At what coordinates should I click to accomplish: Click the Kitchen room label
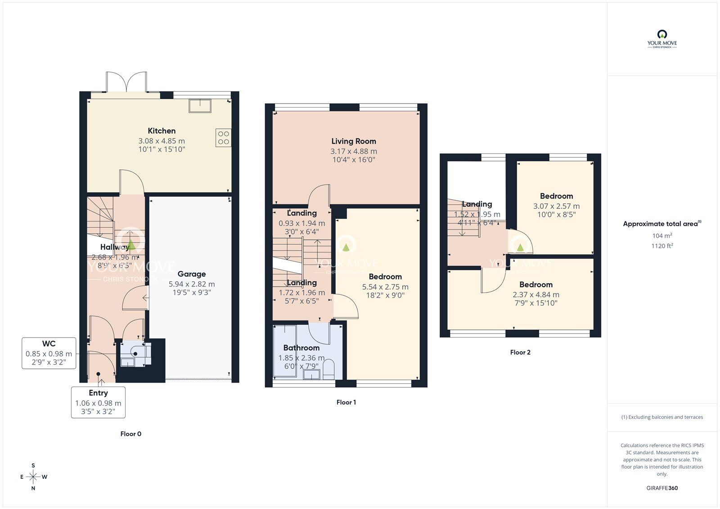tap(162, 131)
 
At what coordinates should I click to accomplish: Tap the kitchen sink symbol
tap(200, 105)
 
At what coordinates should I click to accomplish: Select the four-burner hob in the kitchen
tap(224, 138)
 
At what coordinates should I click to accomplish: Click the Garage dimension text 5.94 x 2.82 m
tap(192, 284)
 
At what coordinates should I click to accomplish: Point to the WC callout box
tap(49, 353)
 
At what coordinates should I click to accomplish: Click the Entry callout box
tap(98, 402)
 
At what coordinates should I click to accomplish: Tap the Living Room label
tap(354, 141)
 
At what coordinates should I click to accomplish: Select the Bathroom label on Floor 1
tap(301, 348)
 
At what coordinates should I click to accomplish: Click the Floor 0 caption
tap(131, 434)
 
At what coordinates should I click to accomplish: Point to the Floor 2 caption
tap(520, 352)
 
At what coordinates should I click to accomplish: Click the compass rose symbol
tap(33, 477)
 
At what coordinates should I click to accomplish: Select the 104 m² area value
tap(662, 235)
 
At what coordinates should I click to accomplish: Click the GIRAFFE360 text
tap(662, 488)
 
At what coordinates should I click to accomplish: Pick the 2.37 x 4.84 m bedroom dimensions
tap(536, 295)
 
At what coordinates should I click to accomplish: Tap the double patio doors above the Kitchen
tap(126, 82)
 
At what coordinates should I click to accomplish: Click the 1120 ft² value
tap(662, 246)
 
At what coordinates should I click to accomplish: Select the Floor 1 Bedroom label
tap(385, 277)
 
